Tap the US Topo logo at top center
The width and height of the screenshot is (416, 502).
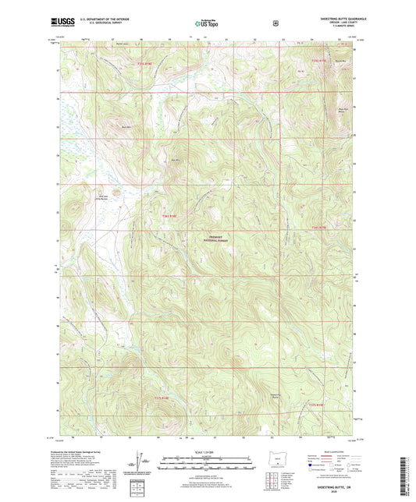coord(207,24)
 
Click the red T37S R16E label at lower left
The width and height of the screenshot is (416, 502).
coord(154,401)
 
